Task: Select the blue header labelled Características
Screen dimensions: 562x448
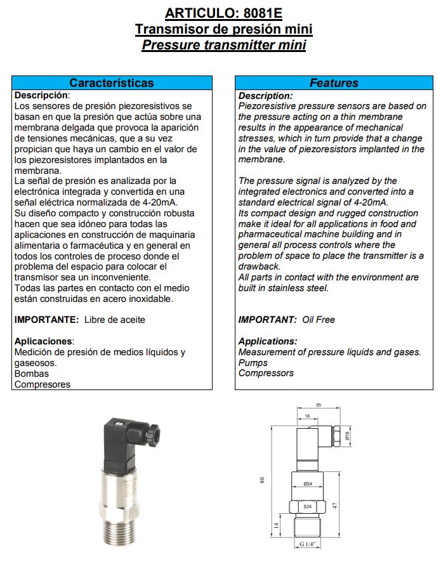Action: click(x=112, y=83)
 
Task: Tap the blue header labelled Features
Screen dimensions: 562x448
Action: click(x=334, y=83)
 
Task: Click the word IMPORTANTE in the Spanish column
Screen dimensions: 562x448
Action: click(x=46, y=320)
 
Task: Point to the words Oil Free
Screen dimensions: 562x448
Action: click(x=318, y=320)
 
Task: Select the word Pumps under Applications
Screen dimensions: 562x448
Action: click(x=253, y=363)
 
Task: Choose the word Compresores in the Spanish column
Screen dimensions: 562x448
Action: click(x=43, y=384)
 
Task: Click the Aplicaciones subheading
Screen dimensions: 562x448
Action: click(x=44, y=341)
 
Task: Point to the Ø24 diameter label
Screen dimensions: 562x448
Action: click(x=307, y=484)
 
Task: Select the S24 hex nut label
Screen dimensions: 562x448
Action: click(x=307, y=506)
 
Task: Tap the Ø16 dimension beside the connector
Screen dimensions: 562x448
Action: click(x=347, y=435)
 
